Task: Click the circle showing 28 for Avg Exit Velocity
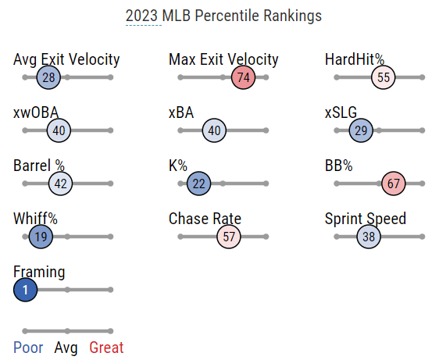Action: coord(48,77)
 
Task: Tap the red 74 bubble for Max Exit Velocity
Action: coord(243,77)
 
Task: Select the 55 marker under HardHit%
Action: coord(384,77)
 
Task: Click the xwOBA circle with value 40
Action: coord(59,130)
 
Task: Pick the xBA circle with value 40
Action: coord(214,130)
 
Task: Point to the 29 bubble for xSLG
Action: coord(361,130)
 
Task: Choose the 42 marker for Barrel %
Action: coord(60,184)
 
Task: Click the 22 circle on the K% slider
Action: coord(198,184)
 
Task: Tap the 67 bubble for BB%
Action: coord(394,184)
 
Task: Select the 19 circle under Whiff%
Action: coord(41,237)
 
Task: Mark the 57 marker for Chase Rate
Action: coord(229,237)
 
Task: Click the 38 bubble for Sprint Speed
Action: coord(369,237)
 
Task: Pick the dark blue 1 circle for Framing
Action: coord(26,290)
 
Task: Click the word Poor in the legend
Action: coord(28,348)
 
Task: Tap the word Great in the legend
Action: coord(106,348)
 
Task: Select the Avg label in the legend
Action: coord(66,348)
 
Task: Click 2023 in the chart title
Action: coord(141,16)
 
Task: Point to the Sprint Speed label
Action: coord(366,219)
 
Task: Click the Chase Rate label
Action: coord(205,219)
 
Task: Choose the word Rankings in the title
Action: coord(293,16)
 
